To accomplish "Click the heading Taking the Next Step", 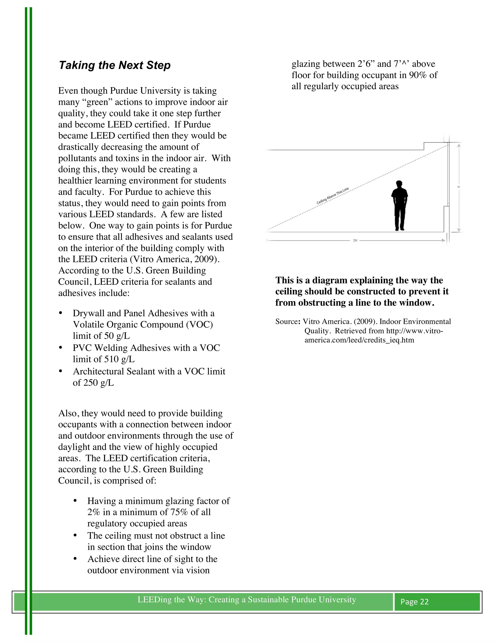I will (x=115, y=65).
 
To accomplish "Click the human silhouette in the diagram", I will (x=399, y=206).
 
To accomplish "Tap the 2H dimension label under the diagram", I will (x=355, y=241).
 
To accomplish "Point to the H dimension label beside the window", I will (x=459, y=187).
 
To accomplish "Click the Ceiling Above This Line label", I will (x=332, y=196).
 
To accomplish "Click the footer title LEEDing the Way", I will (x=247, y=599).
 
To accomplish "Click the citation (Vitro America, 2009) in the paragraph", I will (x=175, y=259).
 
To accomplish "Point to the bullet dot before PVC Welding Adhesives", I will (x=61, y=348).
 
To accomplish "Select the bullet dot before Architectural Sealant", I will (x=61, y=371).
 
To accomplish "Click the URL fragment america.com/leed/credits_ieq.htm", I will (x=359, y=340).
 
